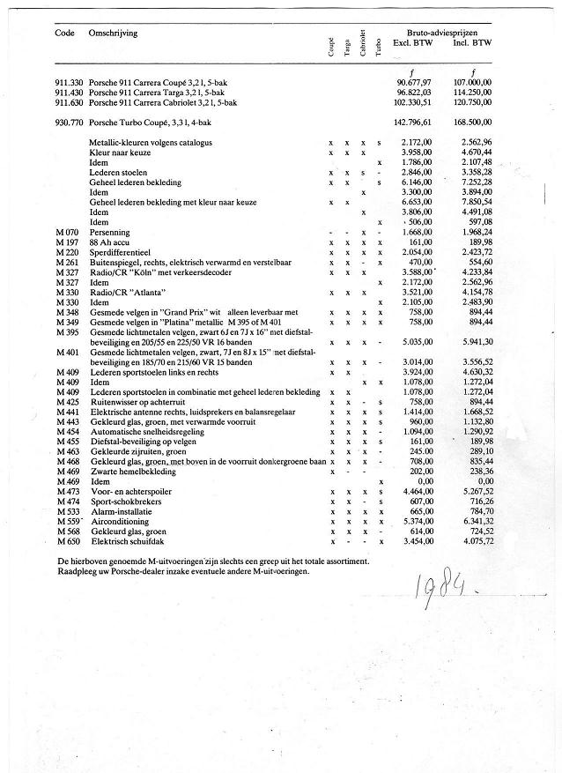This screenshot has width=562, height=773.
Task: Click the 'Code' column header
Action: pyautogui.click(x=63, y=33)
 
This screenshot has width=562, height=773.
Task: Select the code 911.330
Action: pyautogui.click(x=69, y=82)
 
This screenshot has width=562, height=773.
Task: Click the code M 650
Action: pyautogui.click(x=67, y=540)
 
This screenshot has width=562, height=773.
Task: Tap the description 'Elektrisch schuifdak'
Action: pyautogui.click(x=125, y=540)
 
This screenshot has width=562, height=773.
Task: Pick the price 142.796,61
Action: pyautogui.click(x=412, y=123)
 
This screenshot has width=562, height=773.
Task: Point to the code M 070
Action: pyautogui.click(x=67, y=232)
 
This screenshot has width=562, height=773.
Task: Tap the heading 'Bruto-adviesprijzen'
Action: pyautogui.click(x=444, y=32)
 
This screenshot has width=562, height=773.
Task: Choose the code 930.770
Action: pyautogui.click(x=69, y=123)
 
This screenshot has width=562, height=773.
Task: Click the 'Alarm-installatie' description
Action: pyautogui.click(x=119, y=511)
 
